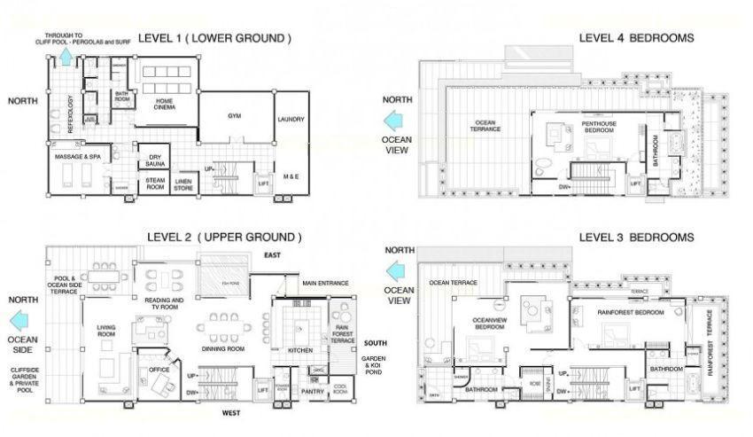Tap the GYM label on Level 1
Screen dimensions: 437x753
(234, 115)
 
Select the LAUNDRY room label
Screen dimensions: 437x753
(291, 120)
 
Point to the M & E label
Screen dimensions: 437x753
(291, 176)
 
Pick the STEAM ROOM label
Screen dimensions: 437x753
(156, 183)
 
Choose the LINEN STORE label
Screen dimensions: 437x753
(184, 183)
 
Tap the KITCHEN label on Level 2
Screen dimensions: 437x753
(300, 350)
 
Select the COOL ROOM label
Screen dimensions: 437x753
(341, 389)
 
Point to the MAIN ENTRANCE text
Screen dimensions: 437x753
(326, 284)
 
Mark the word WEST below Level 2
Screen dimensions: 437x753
(231, 414)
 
